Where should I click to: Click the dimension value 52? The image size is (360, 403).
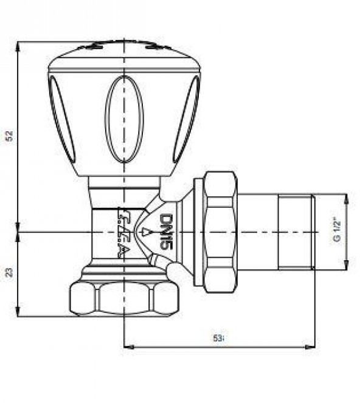click(x=9, y=136)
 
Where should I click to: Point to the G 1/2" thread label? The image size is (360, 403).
click(x=336, y=232)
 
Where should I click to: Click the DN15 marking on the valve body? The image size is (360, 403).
click(x=168, y=231)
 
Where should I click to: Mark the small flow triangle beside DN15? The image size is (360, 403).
click(x=145, y=232)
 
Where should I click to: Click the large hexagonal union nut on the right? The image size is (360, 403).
click(x=219, y=232)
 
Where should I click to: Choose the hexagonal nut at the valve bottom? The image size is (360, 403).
click(x=124, y=298)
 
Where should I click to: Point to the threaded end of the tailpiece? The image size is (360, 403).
click(x=295, y=232)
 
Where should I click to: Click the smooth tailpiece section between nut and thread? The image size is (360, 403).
click(x=255, y=232)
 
